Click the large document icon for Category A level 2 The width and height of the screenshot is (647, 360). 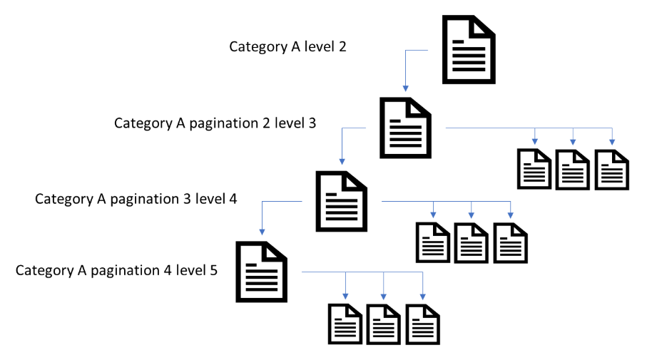(469, 49)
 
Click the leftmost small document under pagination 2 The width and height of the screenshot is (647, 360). (534, 170)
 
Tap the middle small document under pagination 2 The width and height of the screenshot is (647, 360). (573, 170)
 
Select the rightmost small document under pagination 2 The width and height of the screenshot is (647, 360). (612, 170)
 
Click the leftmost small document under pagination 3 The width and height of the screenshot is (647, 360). (434, 243)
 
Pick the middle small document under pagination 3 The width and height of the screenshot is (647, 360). (472, 243)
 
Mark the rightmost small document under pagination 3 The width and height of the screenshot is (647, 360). (511, 243)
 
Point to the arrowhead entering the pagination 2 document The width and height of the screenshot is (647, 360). (406, 88)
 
